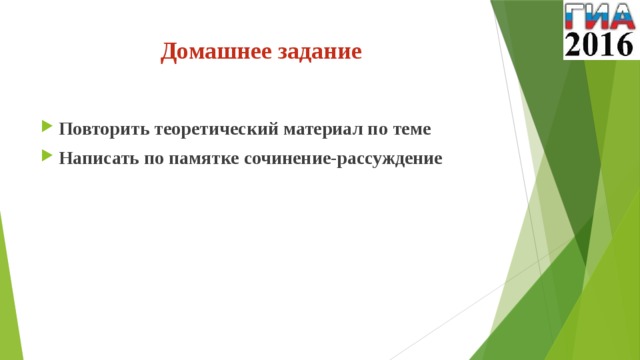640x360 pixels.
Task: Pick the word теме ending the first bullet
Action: coord(411,129)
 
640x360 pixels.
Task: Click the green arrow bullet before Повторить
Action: coord(46,129)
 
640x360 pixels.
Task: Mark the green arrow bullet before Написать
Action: coord(46,158)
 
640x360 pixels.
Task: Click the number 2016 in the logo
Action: coord(599,43)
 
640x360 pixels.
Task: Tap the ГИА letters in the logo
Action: coord(599,16)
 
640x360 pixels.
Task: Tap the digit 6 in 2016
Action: coord(623,43)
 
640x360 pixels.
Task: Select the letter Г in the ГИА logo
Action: coord(577,16)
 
